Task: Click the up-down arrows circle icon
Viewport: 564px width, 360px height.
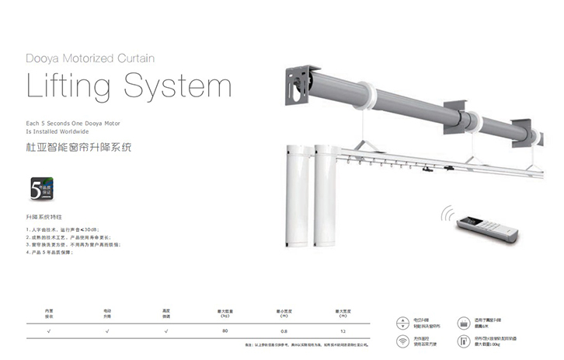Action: pos(403,322)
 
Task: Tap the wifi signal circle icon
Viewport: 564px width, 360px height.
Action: pos(403,341)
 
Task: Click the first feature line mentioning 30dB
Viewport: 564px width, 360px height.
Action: pos(67,230)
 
